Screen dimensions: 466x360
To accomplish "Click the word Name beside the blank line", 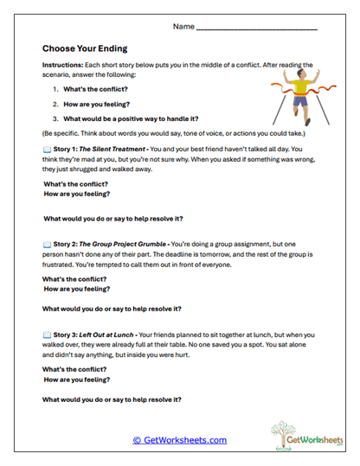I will pos(183,27).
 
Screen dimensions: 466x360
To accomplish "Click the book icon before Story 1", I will pos(47,150).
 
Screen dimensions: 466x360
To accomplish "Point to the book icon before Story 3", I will pos(47,335).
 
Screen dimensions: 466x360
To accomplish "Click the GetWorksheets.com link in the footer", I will pos(180,440).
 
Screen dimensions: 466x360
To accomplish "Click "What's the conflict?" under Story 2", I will pos(75,280).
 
